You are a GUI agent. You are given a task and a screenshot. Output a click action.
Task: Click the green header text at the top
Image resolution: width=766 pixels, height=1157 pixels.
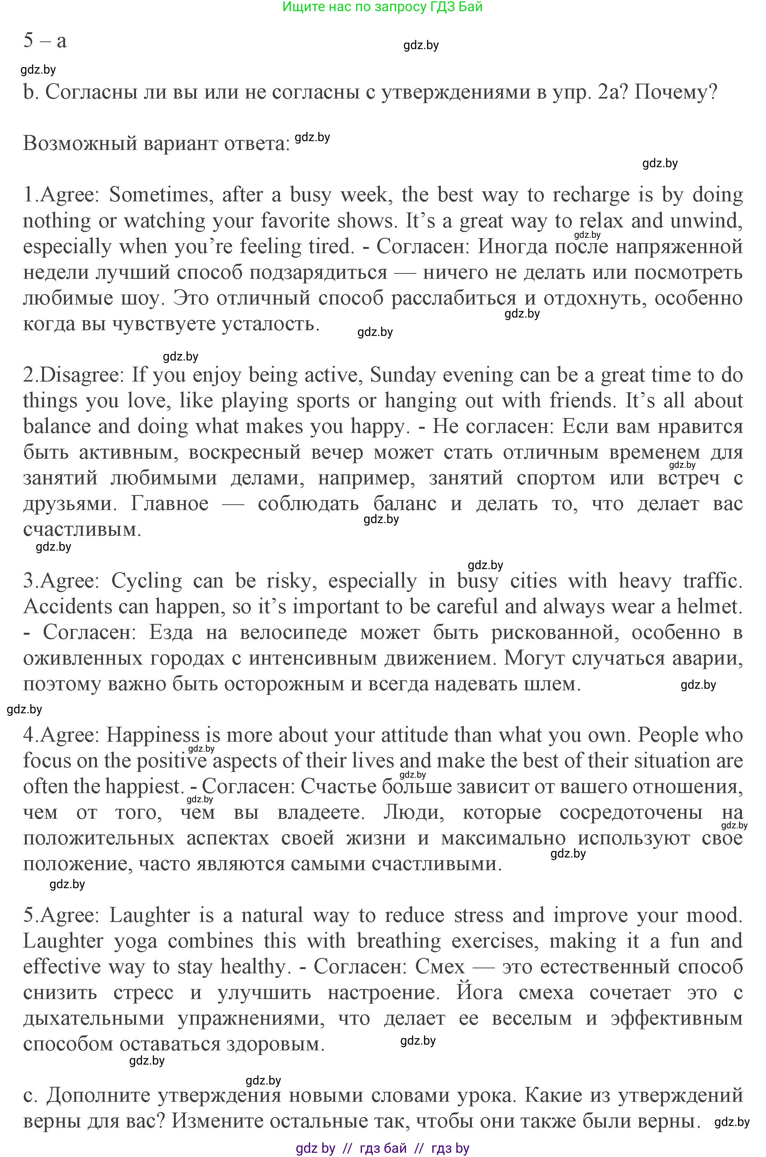[383, 7]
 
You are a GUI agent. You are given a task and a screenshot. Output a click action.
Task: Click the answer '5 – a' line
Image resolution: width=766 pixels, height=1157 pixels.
[45, 41]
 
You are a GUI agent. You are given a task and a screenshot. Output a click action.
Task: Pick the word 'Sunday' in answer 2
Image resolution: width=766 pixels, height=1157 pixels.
[403, 375]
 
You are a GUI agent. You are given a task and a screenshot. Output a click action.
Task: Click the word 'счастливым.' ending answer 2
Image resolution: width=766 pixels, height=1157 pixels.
[82, 530]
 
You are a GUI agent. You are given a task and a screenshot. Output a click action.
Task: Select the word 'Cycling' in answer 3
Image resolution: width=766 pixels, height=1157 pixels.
[147, 581]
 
